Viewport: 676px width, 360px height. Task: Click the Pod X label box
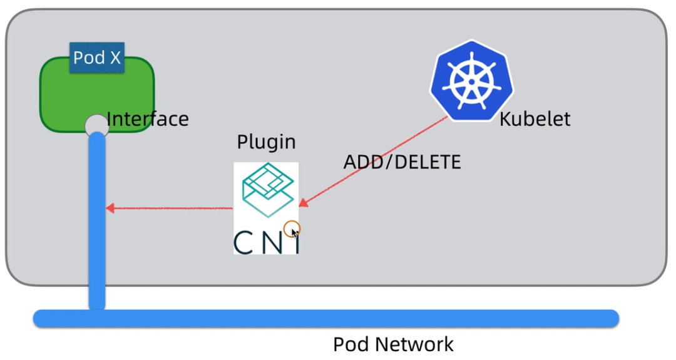tap(96, 58)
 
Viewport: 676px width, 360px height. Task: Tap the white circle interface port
tap(97, 124)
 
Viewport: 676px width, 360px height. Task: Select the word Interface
tap(148, 119)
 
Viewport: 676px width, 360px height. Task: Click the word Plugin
tap(266, 142)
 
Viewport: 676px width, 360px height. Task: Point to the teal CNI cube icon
tap(267, 188)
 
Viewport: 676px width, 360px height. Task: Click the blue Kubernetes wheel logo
tap(471, 81)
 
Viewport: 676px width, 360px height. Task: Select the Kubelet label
tap(535, 119)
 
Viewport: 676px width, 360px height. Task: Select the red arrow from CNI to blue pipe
tap(169, 208)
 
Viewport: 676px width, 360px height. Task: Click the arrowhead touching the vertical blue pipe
tap(110, 208)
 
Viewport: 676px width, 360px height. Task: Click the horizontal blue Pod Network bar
tap(325, 318)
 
